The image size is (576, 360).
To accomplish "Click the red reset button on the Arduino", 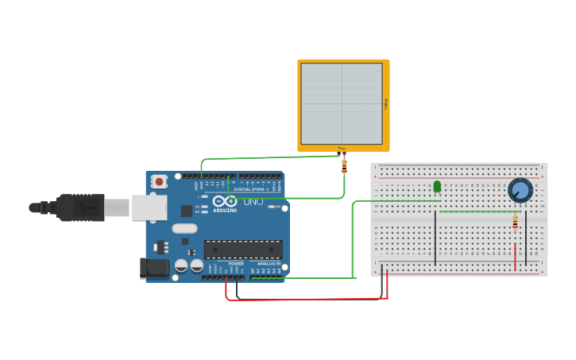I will click(x=160, y=182).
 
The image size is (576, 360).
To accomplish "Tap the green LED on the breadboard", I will click(x=437, y=187).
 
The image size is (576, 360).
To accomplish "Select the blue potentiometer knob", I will click(x=520, y=190).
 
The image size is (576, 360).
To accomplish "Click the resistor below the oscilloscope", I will click(x=343, y=167).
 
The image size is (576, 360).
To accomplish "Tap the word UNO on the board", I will click(x=253, y=203).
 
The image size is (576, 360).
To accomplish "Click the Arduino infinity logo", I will click(x=223, y=201).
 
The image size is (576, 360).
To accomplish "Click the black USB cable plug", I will click(x=80, y=207).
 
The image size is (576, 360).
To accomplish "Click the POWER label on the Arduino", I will click(x=236, y=263).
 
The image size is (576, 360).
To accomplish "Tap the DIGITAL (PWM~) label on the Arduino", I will click(x=253, y=189).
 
